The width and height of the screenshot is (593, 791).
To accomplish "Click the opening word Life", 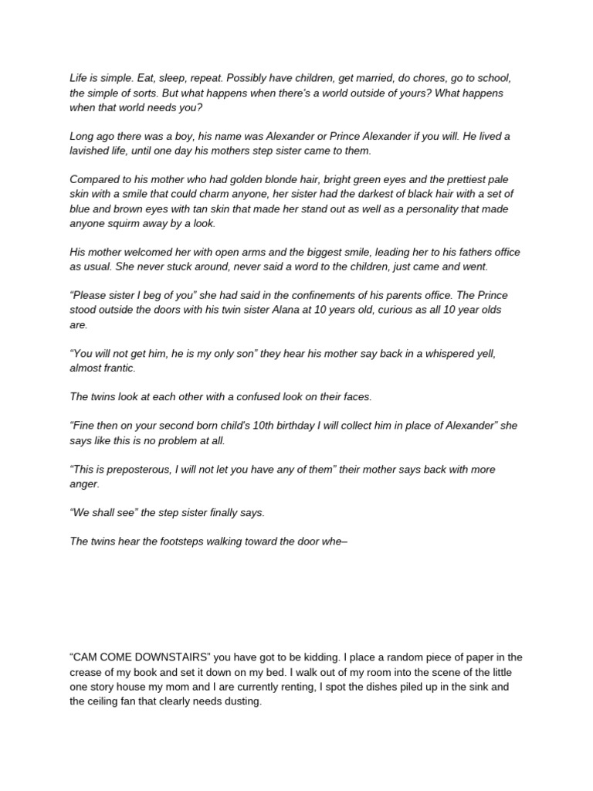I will tap(79, 78).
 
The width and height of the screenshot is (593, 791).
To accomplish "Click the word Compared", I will tap(97, 179).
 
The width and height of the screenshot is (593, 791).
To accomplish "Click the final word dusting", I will tap(242, 701).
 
